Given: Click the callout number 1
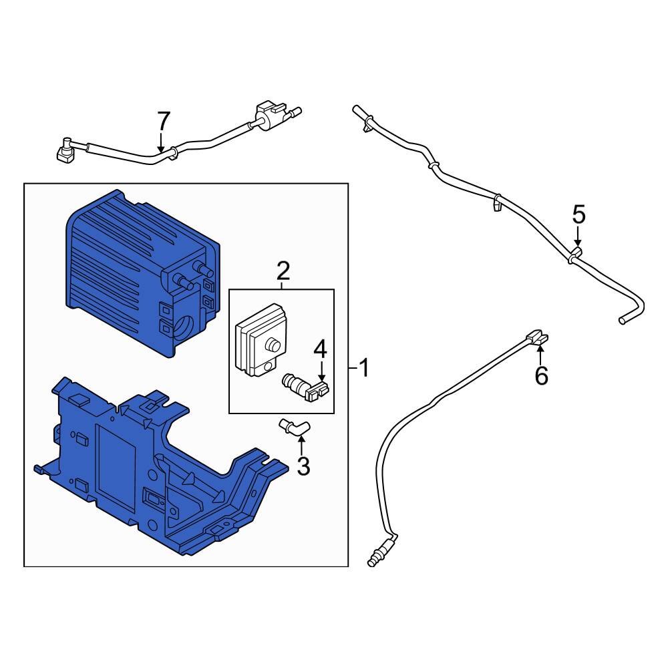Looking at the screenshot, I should (x=363, y=368).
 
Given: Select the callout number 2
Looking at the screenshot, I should (x=283, y=271).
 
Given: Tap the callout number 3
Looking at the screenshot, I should (x=303, y=466).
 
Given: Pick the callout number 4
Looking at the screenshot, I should (x=321, y=348).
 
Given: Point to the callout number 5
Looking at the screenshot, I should (x=578, y=214).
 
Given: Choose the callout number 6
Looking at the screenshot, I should (x=541, y=376).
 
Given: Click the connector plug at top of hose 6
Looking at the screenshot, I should (x=537, y=337).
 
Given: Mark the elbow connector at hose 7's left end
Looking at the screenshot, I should (x=65, y=152).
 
